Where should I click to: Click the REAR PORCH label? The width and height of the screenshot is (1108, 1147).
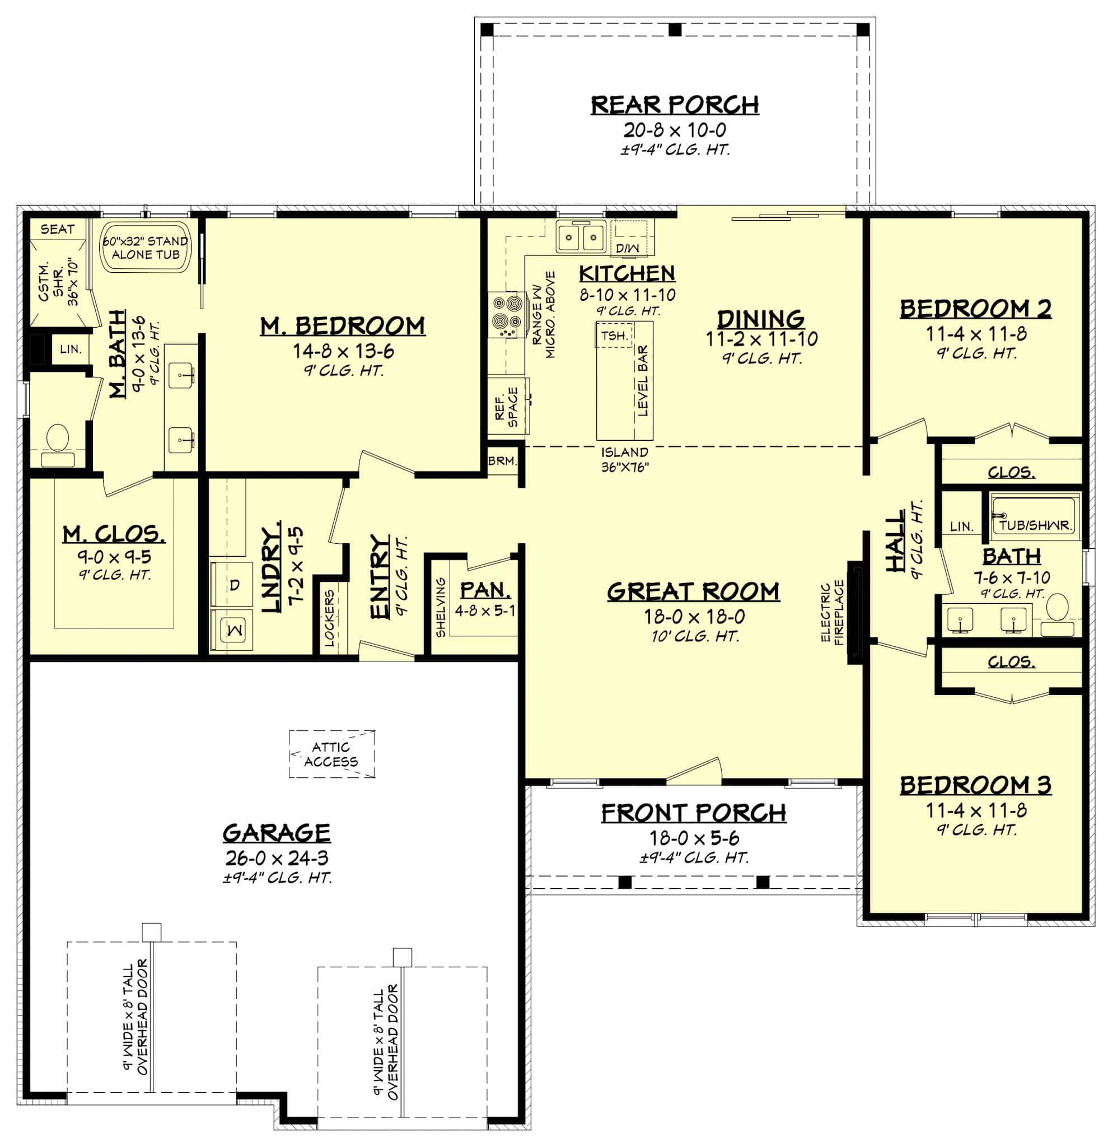pos(674,105)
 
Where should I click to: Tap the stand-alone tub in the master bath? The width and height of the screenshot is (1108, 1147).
pos(146,248)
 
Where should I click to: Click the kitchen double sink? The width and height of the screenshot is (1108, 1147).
pos(581,237)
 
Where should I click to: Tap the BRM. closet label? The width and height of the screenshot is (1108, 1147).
pos(503,461)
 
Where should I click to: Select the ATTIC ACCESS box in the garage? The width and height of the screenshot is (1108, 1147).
pos(331,754)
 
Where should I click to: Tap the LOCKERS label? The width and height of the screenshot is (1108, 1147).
pos(329,618)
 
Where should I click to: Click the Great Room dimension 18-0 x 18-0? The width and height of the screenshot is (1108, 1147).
pos(694,616)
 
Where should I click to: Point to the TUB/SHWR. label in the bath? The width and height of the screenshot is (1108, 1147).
pos(1035,525)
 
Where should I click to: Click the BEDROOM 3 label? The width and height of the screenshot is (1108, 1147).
pos(975,785)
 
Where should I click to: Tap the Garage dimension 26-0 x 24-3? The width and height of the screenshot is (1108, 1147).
pos(277,858)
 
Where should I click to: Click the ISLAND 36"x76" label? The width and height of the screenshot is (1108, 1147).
pos(625,459)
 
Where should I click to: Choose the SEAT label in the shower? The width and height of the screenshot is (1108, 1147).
pos(57,230)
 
